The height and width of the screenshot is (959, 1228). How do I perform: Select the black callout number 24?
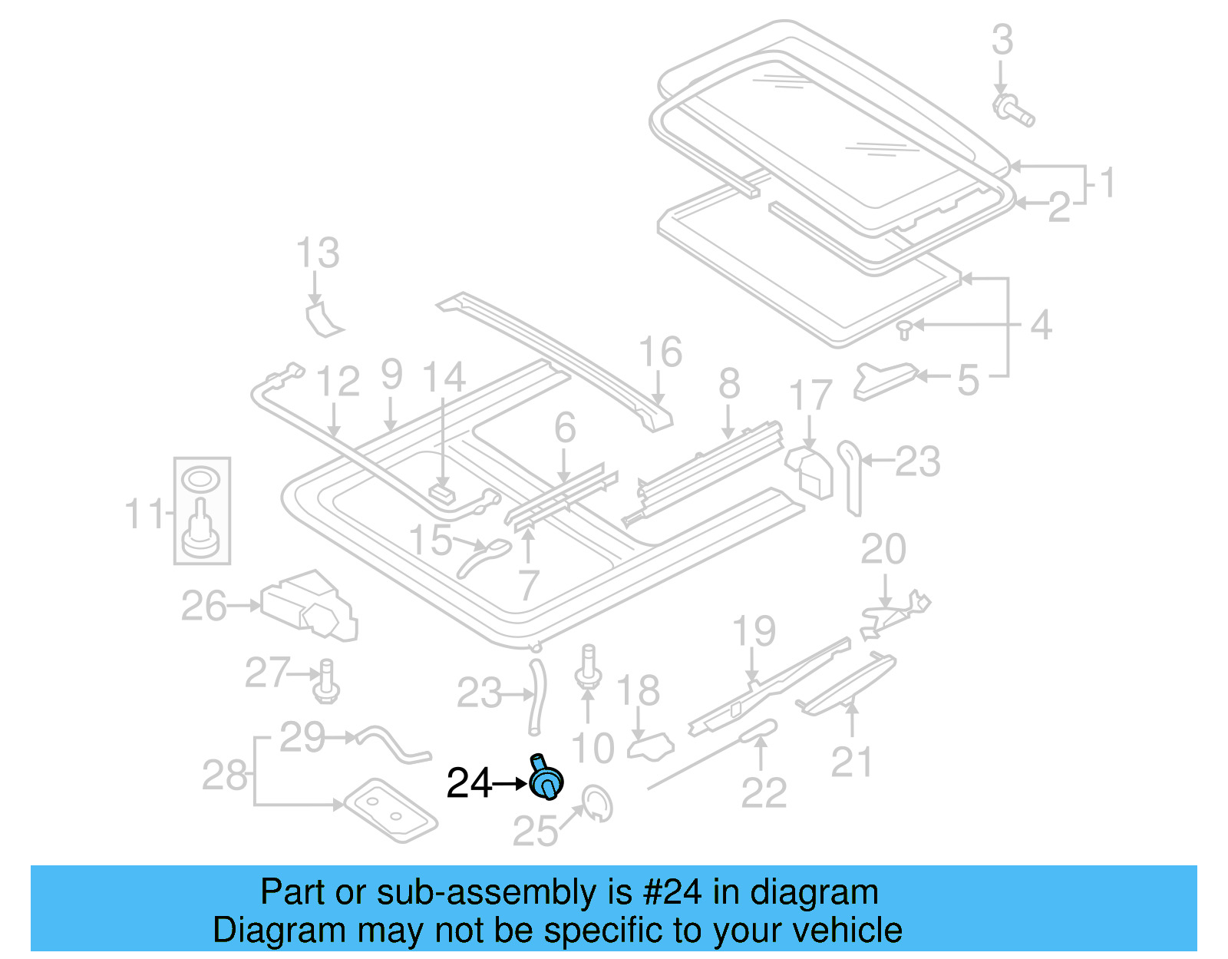(x=469, y=784)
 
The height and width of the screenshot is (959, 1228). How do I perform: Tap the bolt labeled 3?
(x=1012, y=110)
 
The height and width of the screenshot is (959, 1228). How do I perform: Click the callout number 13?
(x=318, y=253)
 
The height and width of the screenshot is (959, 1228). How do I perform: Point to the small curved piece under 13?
(x=322, y=320)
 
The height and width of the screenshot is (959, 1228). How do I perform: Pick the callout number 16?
(x=660, y=352)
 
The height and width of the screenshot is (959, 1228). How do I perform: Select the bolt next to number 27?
(x=327, y=681)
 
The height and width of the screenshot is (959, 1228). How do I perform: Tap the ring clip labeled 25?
(x=597, y=803)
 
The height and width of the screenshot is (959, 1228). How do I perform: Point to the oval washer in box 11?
(x=201, y=481)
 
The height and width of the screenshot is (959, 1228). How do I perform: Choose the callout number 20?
(x=883, y=550)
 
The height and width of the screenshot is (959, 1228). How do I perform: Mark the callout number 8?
(x=729, y=384)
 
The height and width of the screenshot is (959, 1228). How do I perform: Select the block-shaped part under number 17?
(x=810, y=471)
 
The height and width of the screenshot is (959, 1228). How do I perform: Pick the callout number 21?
(x=852, y=762)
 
